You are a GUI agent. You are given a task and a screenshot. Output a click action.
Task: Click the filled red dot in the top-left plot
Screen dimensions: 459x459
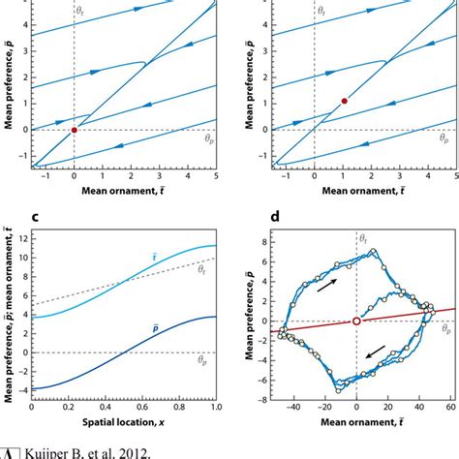pos(75,129)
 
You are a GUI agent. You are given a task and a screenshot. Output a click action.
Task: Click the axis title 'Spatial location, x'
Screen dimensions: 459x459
pos(121,427)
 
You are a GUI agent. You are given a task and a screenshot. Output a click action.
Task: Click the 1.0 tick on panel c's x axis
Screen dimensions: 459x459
pos(214,411)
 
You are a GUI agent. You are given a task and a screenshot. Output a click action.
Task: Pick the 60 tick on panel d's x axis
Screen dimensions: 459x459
pos(450,411)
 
